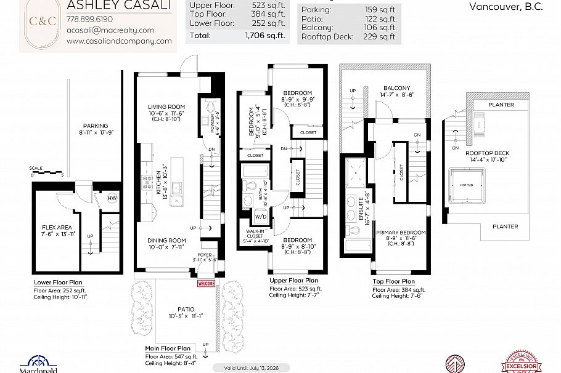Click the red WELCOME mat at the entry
click(x=205, y=284)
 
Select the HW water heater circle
click(x=112, y=198)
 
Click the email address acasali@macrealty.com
click(x=110, y=30)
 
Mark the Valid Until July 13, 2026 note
click(x=246, y=367)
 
